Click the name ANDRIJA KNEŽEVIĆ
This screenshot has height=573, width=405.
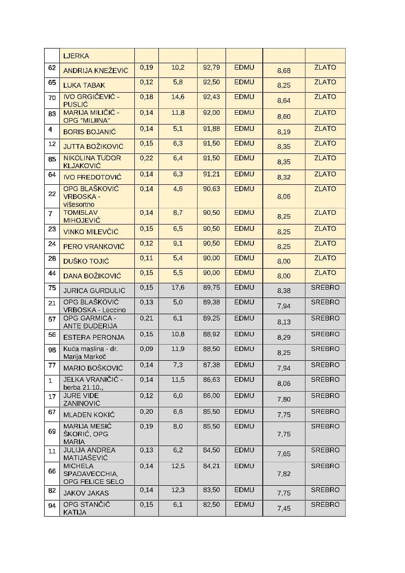click(x=92, y=71)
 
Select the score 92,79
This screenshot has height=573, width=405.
click(x=211, y=67)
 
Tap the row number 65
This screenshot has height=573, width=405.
click(x=52, y=82)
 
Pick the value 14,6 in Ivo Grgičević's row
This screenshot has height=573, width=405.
click(x=178, y=97)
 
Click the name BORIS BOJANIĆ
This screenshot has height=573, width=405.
click(x=89, y=132)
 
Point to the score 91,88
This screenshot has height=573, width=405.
click(x=211, y=129)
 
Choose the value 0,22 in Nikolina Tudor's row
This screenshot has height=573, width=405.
click(x=146, y=158)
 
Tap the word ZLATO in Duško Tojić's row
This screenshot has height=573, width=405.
click(x=325, y=258)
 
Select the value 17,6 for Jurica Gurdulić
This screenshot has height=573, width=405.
click(x=178, y=288)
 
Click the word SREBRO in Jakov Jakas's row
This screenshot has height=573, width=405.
click(x=325, y=490)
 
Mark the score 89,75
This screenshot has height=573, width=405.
click(x=211, y=288)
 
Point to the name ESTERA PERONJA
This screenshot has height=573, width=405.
click(x=94, y=337)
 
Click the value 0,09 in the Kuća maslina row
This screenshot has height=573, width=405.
click(x=146, y=349)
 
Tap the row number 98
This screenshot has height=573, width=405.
click(x=52, y=349)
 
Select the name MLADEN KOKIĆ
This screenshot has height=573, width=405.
click(x=89, y=415)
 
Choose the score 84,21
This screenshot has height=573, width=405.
click(x=211, y=466)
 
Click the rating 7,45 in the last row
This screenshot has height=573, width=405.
click(x=283, y=508)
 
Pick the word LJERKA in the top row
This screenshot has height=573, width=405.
click(x=76, y=56)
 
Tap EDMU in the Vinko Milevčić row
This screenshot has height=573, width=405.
click(x=244, y=229)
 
